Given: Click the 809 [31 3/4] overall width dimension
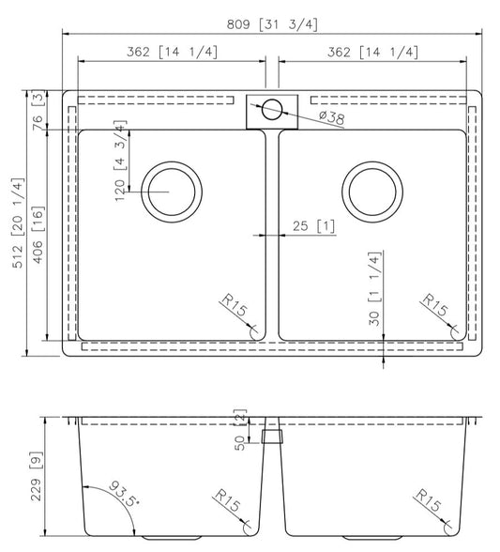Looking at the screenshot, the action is [272, 24].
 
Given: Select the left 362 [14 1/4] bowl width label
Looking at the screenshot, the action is [172, 53].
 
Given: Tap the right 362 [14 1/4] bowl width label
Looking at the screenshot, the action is [373, 53].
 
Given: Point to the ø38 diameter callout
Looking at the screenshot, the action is [332, 117].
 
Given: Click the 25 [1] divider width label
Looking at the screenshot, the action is [314, 226].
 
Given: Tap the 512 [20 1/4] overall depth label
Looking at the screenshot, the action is [19, 223].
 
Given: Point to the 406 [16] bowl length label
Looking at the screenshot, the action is [38, 235].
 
